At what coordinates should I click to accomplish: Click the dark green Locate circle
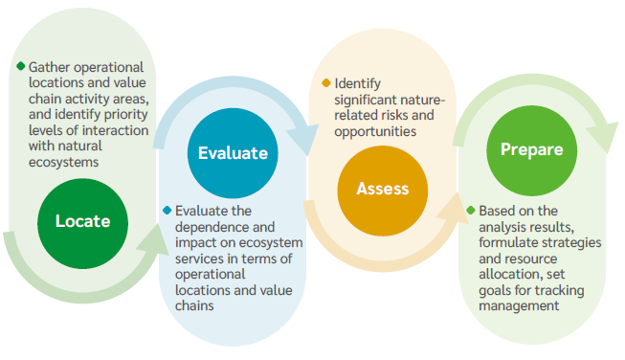83,224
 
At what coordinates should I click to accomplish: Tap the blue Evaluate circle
233,153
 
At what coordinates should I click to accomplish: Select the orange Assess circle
383,191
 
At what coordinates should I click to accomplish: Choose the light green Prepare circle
532,150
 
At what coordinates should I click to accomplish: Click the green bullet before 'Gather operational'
21,66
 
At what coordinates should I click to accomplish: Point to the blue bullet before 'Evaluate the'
167,210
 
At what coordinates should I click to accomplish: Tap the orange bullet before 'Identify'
326,83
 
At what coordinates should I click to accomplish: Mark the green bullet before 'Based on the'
471,210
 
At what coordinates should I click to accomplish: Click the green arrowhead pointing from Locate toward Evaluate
155,239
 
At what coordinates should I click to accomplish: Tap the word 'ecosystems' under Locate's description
64,162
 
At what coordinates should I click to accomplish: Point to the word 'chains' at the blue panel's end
194,305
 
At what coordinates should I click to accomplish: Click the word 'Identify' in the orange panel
358,83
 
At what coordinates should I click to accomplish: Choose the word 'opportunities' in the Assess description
375,131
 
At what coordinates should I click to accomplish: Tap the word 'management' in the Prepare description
519,305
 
